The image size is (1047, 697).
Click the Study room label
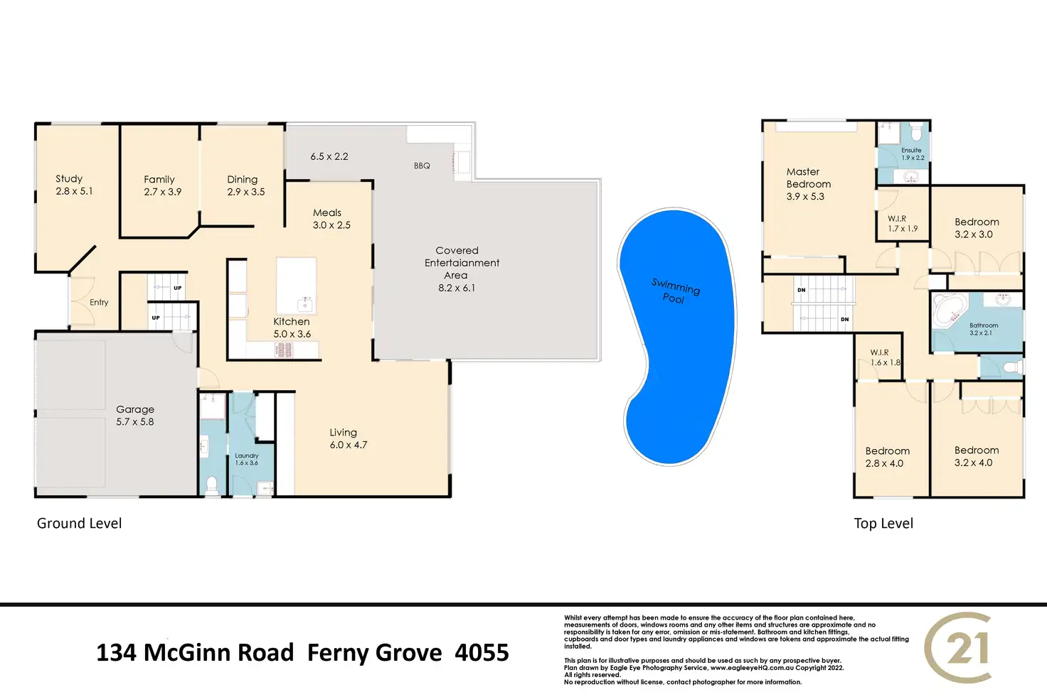74,185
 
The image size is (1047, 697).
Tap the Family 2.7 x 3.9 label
162,185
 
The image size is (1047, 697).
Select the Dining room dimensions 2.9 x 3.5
246,192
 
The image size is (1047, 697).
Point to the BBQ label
422,166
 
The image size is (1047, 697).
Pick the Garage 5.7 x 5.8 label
135,416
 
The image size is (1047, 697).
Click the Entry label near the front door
99,303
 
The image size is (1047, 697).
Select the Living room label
348,438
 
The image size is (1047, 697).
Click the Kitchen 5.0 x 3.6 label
292,328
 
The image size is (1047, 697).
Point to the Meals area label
331,219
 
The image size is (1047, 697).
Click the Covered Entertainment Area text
460,269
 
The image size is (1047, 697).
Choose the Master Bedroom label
807,184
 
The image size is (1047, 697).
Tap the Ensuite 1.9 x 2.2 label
912,154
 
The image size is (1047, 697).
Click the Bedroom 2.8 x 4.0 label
887,457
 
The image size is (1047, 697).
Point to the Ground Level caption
80,524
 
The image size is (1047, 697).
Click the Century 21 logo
958,648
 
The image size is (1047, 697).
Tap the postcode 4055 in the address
482,653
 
